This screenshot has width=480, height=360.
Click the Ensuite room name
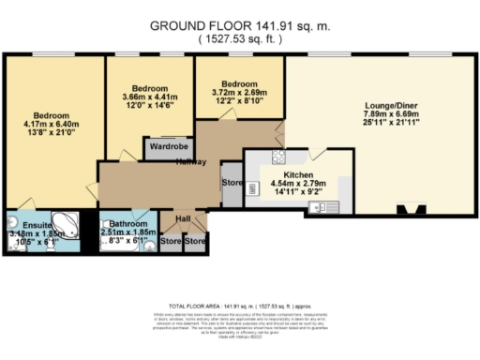point(25,225)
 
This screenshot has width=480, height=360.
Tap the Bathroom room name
point(127,225)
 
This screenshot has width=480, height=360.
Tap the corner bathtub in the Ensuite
point(65,224)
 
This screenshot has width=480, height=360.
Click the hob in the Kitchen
point(277,157)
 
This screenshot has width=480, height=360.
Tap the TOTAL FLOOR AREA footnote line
point(240,306)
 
